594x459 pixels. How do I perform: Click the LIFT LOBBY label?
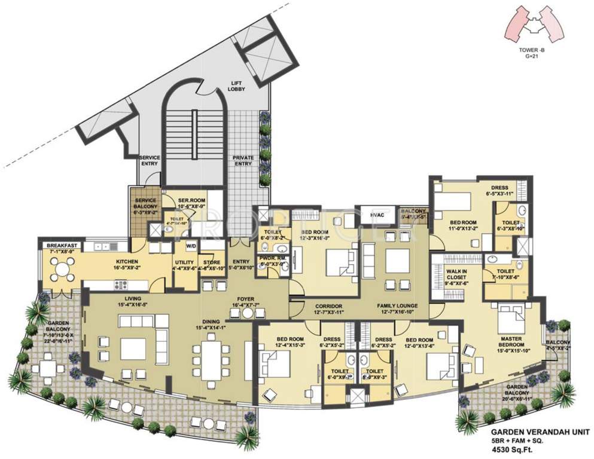tap(236, 86)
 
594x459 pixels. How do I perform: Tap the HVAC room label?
tap(376, 215)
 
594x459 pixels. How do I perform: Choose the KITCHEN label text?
tap(128, 262)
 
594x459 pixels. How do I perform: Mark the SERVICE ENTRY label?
tap(150, 160)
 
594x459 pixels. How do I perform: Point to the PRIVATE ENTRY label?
tap(243, 160)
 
